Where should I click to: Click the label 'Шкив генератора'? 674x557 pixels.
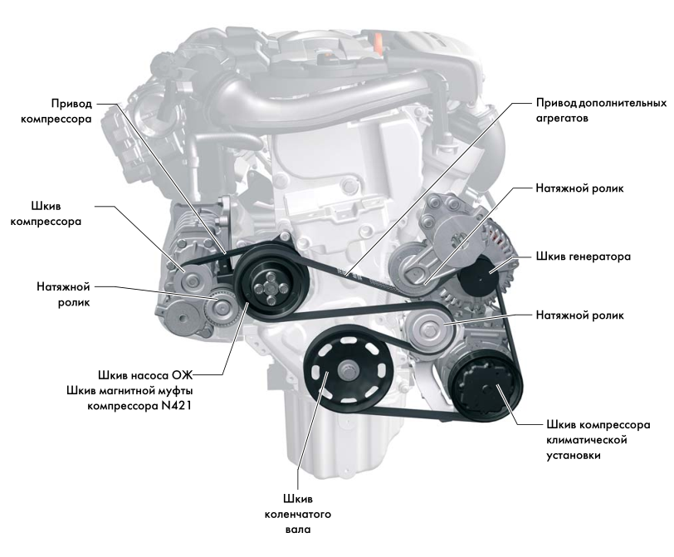tap(584, 257)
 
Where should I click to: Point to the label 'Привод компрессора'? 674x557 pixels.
tap(56, 111)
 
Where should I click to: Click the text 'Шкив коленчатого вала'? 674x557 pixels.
tap(298, 514)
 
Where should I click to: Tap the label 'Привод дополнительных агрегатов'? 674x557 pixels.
tap(601, 110)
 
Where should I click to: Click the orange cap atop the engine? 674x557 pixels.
tap(379, 42)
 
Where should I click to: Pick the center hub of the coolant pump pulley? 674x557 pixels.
tap(266, 287)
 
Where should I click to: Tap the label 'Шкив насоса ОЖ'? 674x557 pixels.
tap(145, 375)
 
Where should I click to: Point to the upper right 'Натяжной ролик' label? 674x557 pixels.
tap(579, 188)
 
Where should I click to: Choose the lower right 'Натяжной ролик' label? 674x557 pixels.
tap(579, 315)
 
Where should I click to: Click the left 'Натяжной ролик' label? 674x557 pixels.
tap(63, 295)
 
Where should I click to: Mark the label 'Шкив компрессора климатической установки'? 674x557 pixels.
tap(598, 440)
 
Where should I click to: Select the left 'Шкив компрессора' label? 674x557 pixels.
tap(46, 213)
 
